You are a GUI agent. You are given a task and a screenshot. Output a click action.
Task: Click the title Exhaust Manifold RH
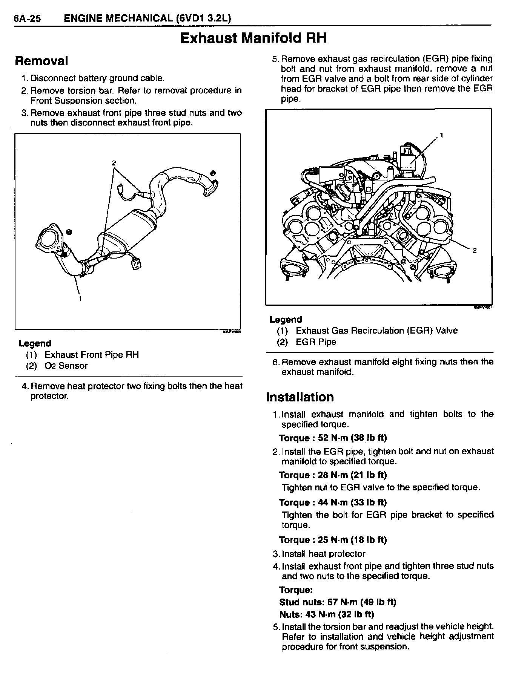[253, 38]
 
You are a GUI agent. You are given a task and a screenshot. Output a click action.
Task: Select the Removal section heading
[41, 61]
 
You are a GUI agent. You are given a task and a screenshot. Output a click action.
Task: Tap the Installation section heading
[300, 397]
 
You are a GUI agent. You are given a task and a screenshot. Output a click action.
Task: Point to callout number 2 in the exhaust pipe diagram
[114, 163]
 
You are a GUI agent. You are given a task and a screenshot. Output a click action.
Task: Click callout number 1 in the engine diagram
[441, 135]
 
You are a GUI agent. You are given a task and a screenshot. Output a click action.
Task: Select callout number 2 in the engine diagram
[475, 251]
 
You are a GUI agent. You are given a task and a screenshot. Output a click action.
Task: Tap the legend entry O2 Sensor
[66, 366]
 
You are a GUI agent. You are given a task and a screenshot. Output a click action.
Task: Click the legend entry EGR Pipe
[316, 342]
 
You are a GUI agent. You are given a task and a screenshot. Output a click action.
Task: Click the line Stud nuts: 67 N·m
[338, 602]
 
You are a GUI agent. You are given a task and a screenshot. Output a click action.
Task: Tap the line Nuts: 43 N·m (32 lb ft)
[327, 614]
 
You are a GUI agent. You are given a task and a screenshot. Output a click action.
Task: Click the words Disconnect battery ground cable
[97, 78]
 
